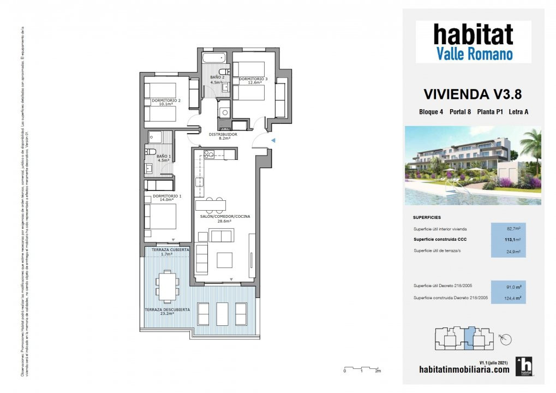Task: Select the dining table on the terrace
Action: (167, 285)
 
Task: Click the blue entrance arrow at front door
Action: (273, 141)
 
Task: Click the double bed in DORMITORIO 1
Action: (161, 217)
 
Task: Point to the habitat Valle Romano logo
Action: (473, 42)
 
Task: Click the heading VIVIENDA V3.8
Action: (473, 94)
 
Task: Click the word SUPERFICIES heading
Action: (427, 217)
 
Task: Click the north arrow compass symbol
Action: (505, 340)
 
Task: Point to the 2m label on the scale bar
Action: (378, 371)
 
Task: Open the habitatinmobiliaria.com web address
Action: (464, 369)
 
